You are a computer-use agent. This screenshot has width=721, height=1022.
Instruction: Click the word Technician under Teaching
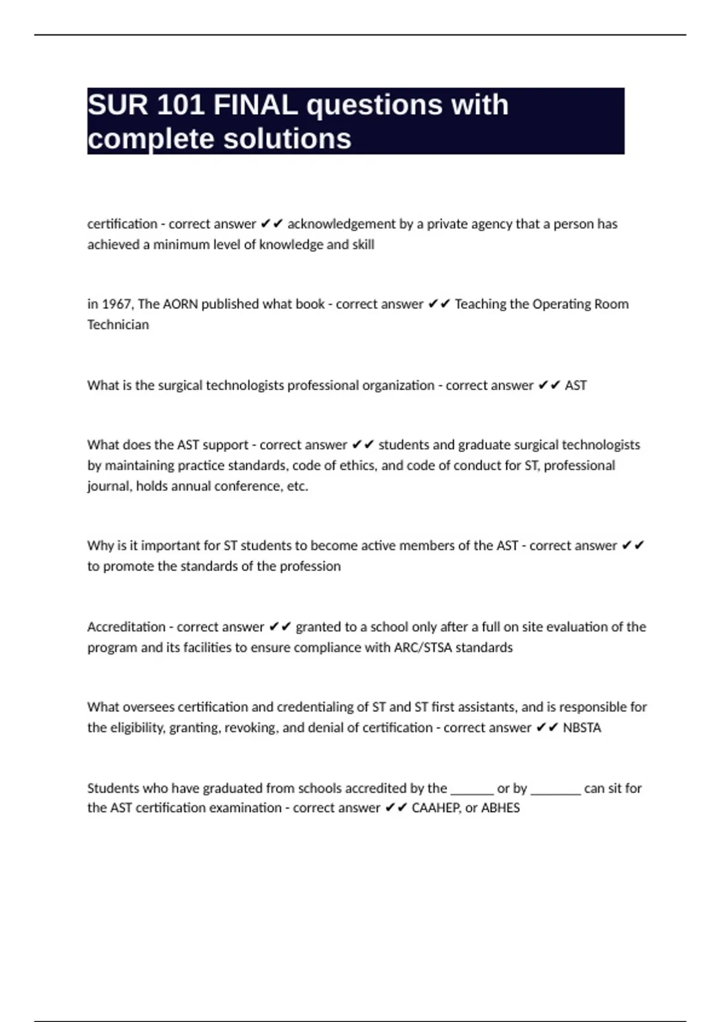click(118, 325)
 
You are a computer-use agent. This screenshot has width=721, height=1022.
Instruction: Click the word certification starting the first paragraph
click(122, 224)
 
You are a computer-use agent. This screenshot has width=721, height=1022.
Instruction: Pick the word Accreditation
click(126, 627)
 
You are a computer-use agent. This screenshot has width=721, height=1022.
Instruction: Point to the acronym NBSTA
click(582, 728)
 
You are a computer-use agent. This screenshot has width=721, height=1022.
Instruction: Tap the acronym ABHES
click(500, 808)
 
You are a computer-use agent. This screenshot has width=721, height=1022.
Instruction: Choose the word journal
click(109, 486)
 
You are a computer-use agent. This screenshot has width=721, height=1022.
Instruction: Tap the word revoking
click(251, 728)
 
